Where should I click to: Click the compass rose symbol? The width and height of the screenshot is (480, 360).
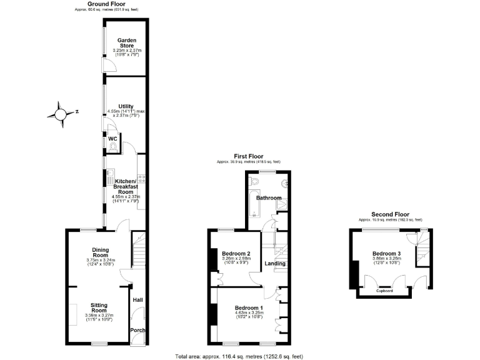[x=60, y=114]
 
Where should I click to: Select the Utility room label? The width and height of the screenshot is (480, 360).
[x=127, y=106]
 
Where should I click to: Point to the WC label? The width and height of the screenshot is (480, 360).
[x=113, y=138]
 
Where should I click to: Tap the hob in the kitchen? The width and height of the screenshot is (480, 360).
[x=142, y=178]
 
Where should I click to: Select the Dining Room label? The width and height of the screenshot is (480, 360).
[x=101, y=252]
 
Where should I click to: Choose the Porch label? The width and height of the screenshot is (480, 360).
[x=137, y=330]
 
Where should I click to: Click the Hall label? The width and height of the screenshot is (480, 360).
[x=137, y=301]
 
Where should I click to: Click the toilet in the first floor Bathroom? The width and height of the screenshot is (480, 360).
[x=254, y=179]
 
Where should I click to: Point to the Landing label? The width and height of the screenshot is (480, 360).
[x=275, y=263]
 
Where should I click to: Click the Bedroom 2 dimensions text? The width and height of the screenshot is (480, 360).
[x=236, y=260]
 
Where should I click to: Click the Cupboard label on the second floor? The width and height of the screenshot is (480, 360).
[x=384, y=291]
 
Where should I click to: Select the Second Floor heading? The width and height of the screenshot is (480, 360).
[x=390, y=214]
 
